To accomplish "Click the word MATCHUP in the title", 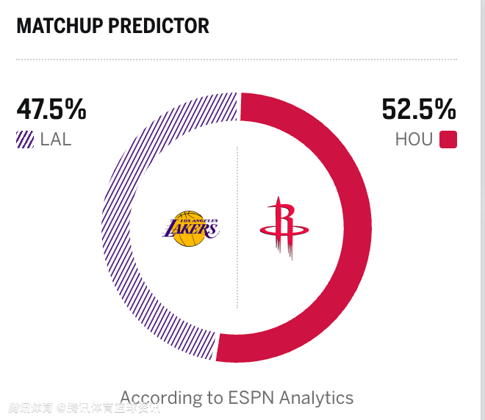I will (x=59, y=26).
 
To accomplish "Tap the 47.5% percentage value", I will (x=51, y=110).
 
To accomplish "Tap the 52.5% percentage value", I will (x=419, y=110).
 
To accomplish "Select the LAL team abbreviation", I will (x=56, y=140).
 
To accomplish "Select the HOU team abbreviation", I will (x=414, y=140).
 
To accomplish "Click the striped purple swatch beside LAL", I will (x=25, y=140).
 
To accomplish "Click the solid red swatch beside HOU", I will (x=448, y=140).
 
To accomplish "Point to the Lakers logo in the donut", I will (x=190, y=229).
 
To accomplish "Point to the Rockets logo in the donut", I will (x=279, y=228).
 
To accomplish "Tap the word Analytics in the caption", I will (x=319, y=399).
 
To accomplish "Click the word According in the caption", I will (x=161, y=399).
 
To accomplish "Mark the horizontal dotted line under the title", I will (x=235, y=59).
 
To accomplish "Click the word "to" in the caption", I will (x=215, y=399).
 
